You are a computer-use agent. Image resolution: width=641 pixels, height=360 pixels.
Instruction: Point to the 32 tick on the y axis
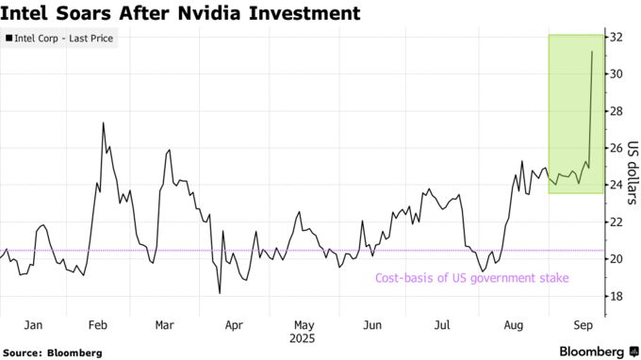pos(616,37)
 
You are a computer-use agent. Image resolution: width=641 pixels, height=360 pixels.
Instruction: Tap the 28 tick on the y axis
pos(616,111)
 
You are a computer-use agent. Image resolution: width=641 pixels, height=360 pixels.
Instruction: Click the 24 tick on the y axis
pos(616,185)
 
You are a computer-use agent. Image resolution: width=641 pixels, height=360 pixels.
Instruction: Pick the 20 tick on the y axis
pos(616,259)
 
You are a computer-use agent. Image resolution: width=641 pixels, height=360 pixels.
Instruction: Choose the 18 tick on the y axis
pos(616,296)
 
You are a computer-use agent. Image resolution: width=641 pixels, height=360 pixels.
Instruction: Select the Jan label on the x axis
pos(33,325)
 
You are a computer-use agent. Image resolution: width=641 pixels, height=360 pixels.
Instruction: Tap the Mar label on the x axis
pos(165,325)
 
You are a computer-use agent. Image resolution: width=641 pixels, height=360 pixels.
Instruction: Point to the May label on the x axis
pos(304,325)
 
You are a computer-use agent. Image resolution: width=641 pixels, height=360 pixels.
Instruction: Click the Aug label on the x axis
pos(513,325)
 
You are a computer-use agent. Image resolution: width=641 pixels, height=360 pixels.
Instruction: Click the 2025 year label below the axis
pos(304,338)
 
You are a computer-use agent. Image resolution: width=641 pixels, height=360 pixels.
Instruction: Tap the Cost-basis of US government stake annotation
pos(472,277)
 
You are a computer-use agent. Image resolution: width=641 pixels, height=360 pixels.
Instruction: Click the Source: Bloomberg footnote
pos(52,352)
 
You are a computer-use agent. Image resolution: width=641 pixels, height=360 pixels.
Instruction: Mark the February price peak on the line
pos(103,123)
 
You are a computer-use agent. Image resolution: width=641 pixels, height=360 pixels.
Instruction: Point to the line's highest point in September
pos(592,51)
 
